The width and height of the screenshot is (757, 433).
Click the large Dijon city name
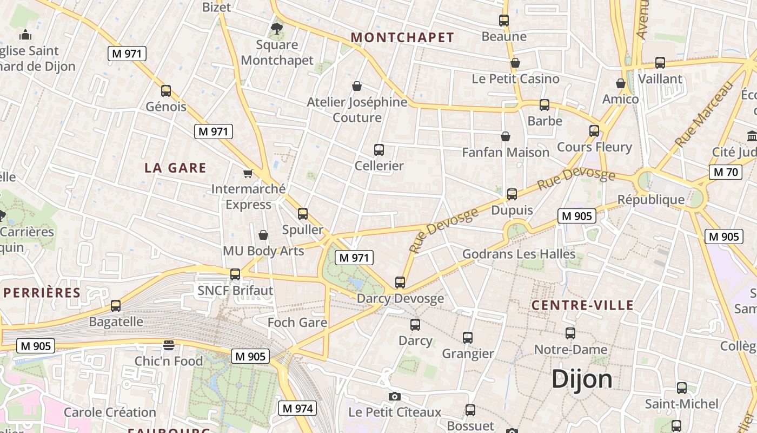tap(582, 379)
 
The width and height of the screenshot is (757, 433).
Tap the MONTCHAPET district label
tap(402, 37)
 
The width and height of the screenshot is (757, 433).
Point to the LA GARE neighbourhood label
tap(175, 168)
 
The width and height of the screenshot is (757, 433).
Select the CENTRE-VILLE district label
tap(582, 305)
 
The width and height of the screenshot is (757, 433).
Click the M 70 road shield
tap(725, 172)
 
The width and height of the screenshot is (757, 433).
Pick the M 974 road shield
tap(297, 408)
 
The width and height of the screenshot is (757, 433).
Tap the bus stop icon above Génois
tap(166, 91)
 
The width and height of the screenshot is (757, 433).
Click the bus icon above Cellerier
tap(379, 150)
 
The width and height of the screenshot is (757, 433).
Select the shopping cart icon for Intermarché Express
tap(248, 174)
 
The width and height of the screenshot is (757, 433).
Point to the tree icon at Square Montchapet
tap(277, 29)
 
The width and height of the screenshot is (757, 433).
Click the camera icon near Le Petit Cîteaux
tap(395, 397)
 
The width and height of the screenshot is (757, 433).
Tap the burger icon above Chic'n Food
tap(169, 345)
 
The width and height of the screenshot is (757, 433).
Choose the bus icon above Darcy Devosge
tap(400, 283)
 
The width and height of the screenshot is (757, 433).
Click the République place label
tap(651, 200)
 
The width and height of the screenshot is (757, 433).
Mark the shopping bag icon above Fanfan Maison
tap(506, 136)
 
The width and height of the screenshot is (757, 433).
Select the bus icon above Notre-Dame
tap(570, 333)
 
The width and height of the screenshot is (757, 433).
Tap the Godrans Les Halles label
tap(519, 254)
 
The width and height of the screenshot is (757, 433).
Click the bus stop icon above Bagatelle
tap(116, 306)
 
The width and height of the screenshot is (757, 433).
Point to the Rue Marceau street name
tap(705, 115)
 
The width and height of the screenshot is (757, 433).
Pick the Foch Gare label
tap(297, 323)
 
